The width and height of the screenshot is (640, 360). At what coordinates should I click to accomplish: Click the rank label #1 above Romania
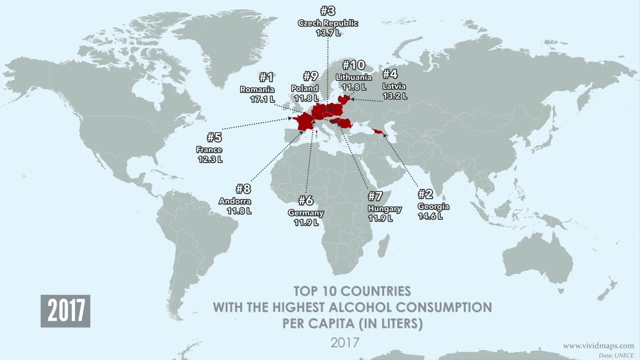click(266, 77)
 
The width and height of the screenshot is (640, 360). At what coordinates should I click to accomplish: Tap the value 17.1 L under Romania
click(262, 99)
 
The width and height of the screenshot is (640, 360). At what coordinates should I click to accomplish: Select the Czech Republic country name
click(328, 23)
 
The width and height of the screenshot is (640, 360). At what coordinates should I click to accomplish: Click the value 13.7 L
click(328, 33)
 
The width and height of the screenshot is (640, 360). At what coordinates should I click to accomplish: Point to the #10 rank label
click(353, 65)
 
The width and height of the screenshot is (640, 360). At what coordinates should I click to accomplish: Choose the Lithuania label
click(353, 77)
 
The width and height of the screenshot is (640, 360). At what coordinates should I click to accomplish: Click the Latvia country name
click(394, 86)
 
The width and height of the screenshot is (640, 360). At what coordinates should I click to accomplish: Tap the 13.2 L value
click(394, 96)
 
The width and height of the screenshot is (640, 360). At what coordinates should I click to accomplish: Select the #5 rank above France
click(214, 137)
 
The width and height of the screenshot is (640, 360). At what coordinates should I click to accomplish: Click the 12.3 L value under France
click(209, 159)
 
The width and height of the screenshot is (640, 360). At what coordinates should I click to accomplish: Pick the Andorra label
click(235, 201)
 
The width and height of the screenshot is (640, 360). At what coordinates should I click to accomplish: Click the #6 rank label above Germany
click(305, 201)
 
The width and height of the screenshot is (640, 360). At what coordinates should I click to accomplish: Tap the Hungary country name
click(384, 208)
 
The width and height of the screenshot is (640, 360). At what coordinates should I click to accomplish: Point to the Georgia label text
click(433, 206)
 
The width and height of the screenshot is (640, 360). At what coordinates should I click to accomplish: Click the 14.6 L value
click(430, 216)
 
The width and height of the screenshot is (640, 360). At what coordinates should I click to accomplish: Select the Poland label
click(304, 88)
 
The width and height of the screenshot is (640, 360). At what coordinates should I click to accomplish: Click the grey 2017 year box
click(65, 311)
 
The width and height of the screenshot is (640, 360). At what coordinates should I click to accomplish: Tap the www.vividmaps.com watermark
click(598, 346)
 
